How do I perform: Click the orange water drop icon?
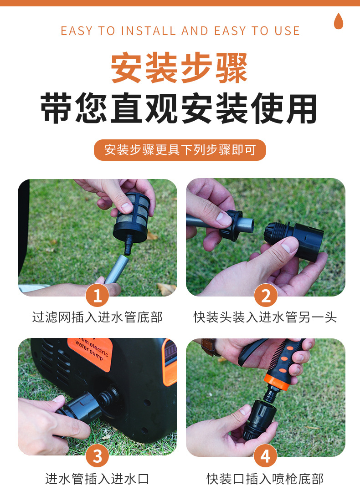(339, 21)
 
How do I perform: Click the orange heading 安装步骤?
(180, 68)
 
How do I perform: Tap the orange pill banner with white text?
(180, 150)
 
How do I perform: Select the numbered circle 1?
(97, 295)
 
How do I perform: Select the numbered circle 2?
(266, 295)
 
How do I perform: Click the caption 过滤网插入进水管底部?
(98, 317)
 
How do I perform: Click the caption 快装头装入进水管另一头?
(265, 317)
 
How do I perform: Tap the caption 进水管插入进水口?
(97, 479)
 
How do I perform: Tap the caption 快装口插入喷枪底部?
(265, 479)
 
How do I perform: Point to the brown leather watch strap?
(209, 346)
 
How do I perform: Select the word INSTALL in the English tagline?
(149, 31)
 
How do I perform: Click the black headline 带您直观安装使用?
(179, 108)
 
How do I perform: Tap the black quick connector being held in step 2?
(294, 240)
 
